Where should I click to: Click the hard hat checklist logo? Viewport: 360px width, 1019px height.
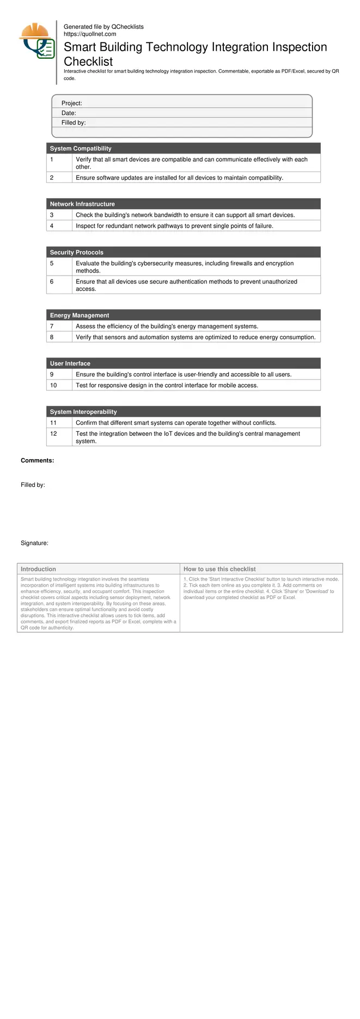37,41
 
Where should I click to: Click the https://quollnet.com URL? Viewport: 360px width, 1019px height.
90,34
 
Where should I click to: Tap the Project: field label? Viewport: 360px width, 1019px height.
71,103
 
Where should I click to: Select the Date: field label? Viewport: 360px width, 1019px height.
69,113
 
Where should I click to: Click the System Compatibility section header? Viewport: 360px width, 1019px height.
81,149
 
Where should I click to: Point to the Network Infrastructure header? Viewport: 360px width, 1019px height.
82,204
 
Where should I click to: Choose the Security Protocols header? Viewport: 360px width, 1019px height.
76,253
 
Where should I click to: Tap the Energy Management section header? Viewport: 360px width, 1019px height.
80,315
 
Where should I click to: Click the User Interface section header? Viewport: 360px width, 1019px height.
70,364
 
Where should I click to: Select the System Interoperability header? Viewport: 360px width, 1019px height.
83,412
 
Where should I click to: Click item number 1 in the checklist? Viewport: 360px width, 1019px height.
52,160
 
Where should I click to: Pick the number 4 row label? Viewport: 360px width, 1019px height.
52,226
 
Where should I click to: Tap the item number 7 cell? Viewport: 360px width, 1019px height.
52,326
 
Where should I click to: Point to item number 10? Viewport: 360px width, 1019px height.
53,386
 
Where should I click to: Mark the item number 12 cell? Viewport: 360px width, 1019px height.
53,434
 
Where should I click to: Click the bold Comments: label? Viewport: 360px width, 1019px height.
37,461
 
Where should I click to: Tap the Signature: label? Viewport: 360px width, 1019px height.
34,543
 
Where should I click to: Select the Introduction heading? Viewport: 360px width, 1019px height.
38,569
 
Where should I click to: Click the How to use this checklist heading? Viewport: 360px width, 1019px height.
219,569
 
